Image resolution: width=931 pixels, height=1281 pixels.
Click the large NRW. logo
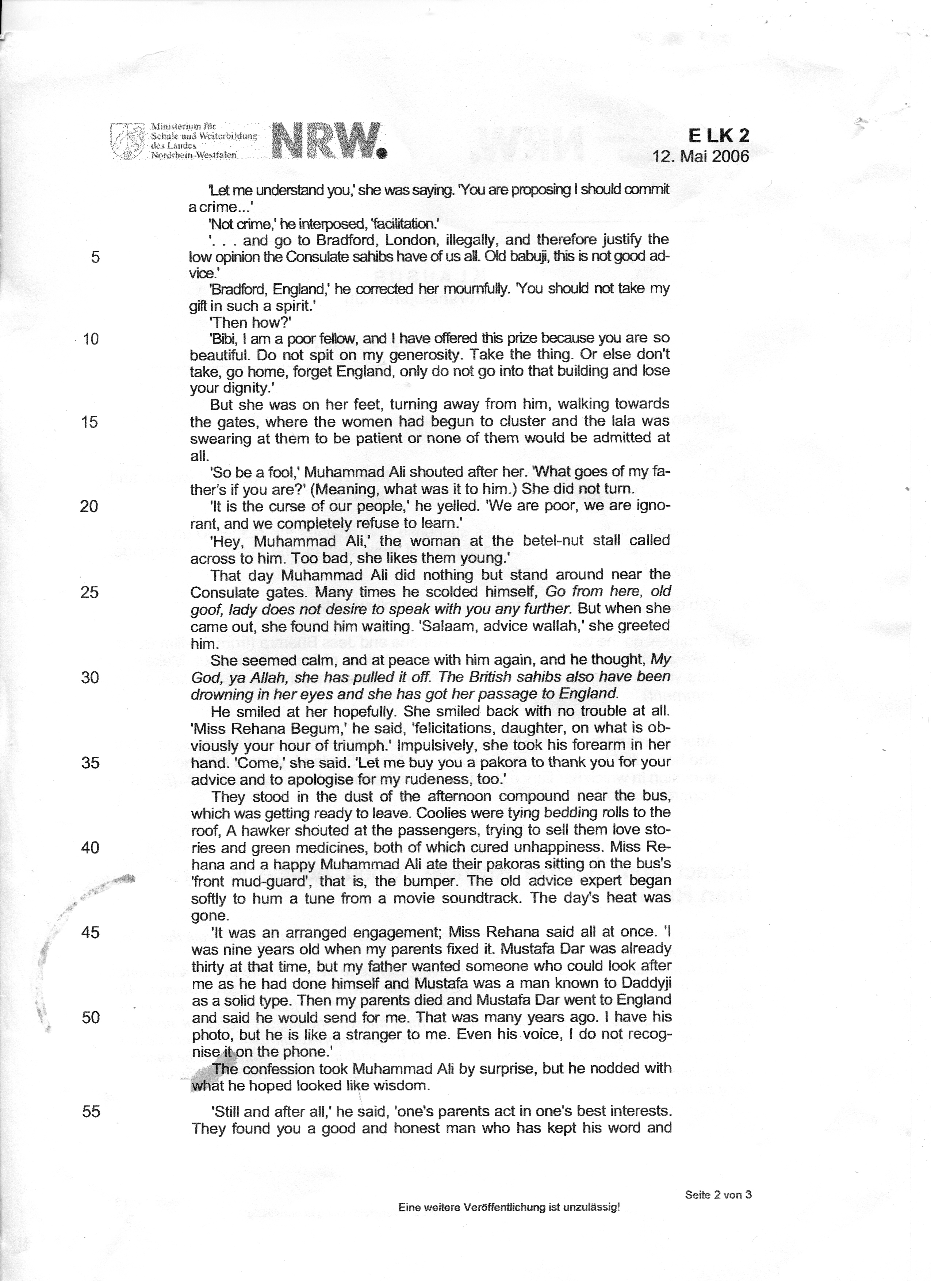click(x=329, y=141)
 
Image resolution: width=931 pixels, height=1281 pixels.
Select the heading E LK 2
click(x=718, y=135)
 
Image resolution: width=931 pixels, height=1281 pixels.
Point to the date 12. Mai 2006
click(x=701, y=156)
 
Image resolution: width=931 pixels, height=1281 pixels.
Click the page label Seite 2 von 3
click(x=718, y=1194)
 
